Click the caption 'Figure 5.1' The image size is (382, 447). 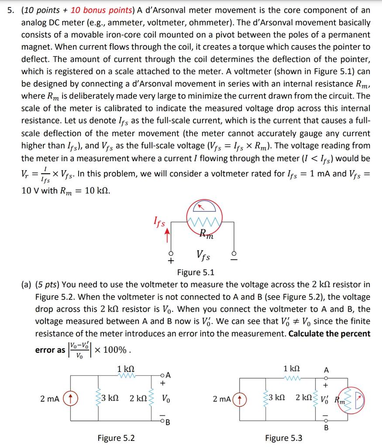tap(196, 273)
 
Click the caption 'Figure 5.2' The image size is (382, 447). tap(116, 437)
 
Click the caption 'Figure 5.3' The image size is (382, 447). tap(283, 437)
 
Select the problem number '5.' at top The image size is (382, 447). tap(10, 10)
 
